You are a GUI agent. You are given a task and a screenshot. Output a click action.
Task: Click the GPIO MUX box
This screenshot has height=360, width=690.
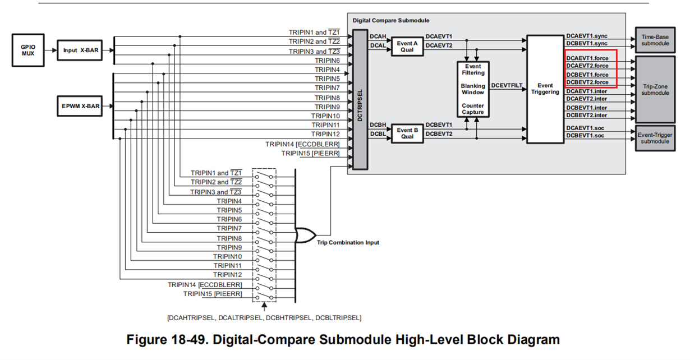tap(28, 50)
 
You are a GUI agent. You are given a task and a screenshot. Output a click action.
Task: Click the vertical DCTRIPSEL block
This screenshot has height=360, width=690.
tap(359, 99)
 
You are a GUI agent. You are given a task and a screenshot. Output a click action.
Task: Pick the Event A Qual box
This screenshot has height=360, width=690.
tap(407, 45)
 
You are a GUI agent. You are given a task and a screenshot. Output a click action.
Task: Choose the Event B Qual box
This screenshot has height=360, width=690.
tap(407, 133)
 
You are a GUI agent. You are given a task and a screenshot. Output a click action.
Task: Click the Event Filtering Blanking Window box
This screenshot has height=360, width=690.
tap(473, 90)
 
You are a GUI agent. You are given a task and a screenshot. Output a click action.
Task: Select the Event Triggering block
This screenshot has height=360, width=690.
tap(545, 89)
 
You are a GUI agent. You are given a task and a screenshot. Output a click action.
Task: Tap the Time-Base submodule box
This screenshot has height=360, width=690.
tap(655, 39)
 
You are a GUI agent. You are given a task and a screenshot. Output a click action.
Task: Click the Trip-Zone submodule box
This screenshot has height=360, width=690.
tap(655, 90)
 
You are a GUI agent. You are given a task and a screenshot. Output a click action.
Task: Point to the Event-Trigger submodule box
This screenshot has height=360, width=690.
tap(655, 138)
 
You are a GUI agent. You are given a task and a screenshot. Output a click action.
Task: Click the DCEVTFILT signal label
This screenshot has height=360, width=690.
tap(506, 85)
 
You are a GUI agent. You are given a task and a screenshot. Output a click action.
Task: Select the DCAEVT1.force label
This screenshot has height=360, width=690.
tap(587, 58)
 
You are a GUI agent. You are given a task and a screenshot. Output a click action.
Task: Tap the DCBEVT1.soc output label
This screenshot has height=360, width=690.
tap(585, 136)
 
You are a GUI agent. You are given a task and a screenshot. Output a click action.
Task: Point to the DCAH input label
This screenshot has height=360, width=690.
tap(377, 36)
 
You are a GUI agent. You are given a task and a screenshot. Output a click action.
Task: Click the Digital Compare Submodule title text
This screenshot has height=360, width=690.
tap(391, 20)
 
